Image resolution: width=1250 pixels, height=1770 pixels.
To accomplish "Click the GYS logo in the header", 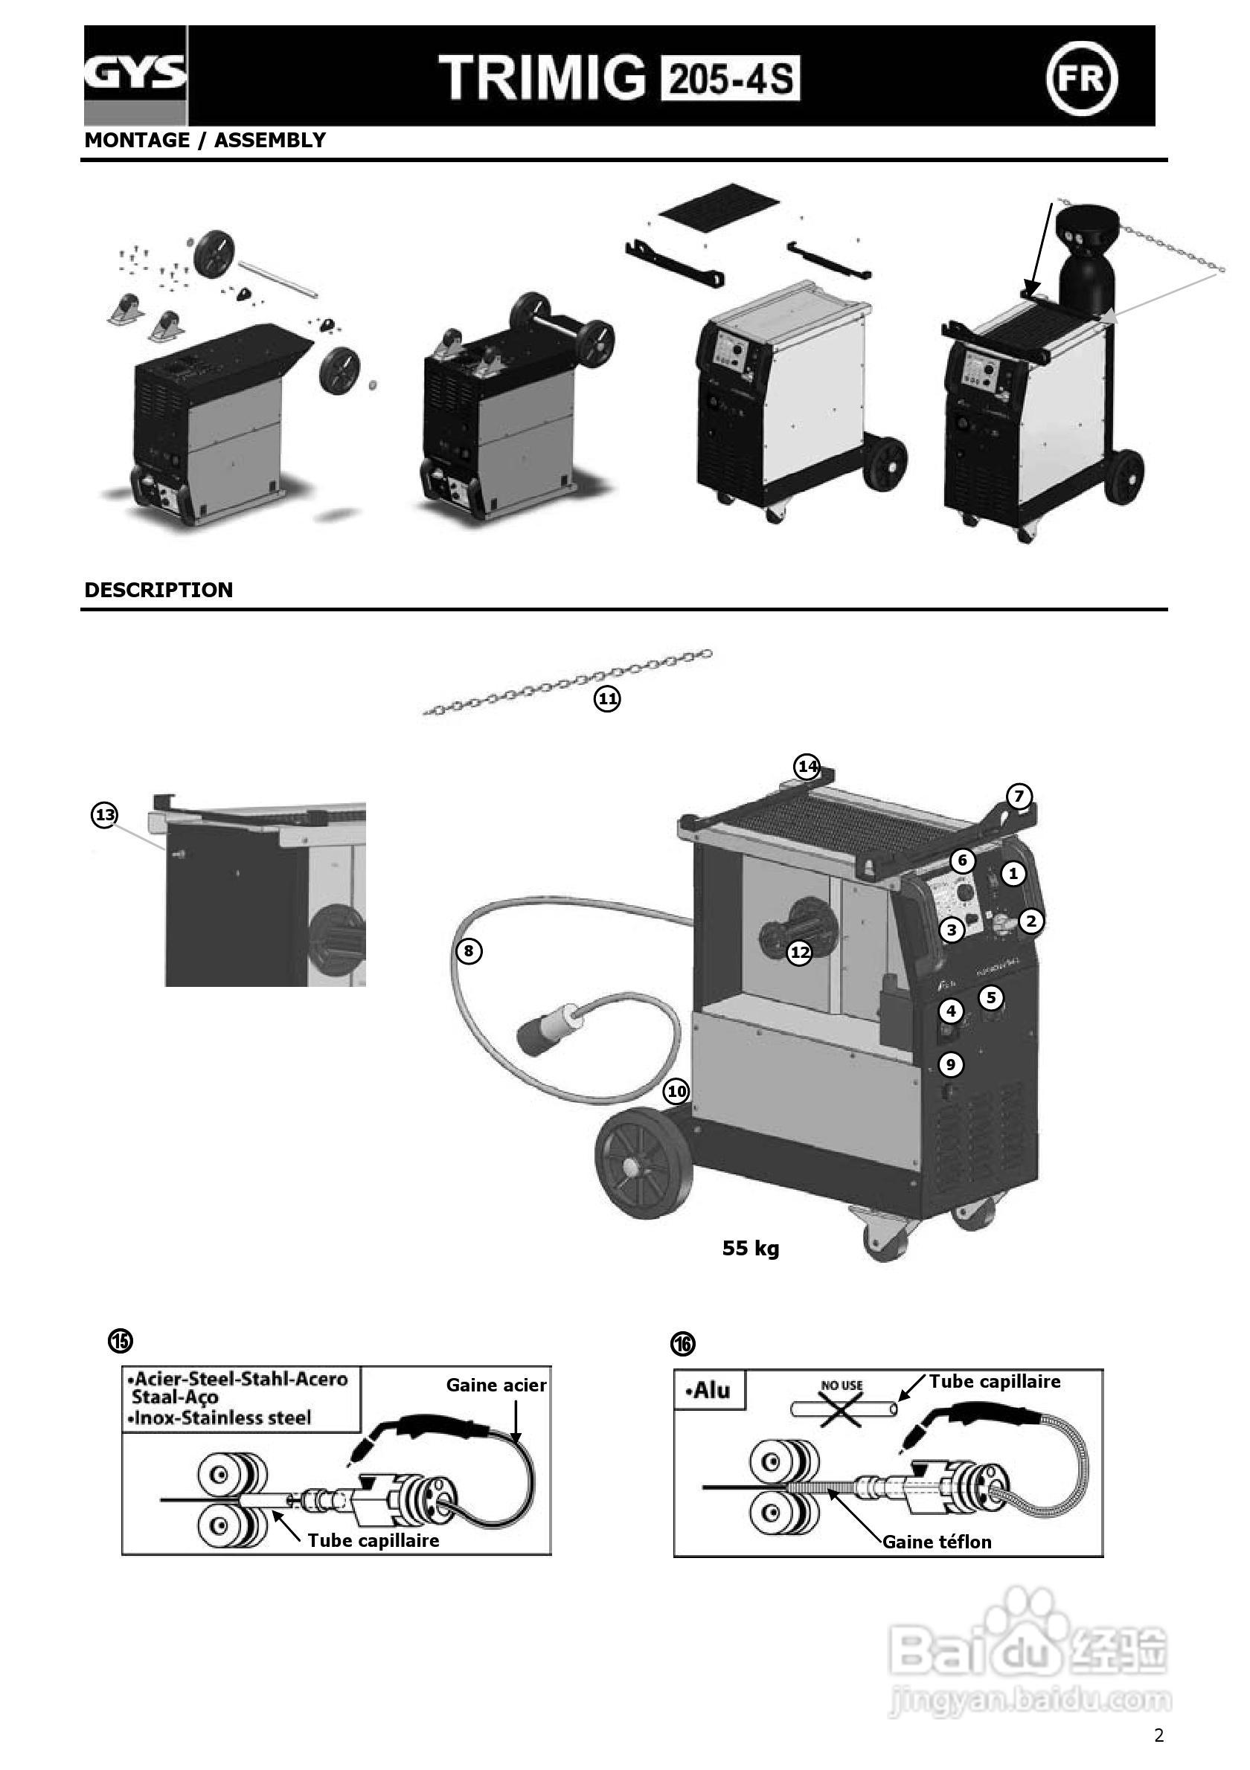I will [x=135, y=75].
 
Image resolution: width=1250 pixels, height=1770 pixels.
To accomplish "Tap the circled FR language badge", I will [x=1082, y=77].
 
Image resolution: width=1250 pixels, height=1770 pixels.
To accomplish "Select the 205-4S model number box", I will [x=730, y=80].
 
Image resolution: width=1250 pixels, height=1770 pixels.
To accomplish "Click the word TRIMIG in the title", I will [x=542, y=79].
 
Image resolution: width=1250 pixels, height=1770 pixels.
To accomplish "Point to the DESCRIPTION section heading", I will [x=158, y=590].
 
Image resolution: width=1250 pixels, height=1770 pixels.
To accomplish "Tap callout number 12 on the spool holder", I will [x=801, y=953].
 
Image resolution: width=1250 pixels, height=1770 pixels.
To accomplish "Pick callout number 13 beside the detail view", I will [x=104, y=815].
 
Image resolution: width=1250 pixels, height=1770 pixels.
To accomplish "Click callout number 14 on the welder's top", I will [x=807, y=766].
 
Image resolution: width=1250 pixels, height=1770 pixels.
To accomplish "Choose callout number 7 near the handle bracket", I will [x=1019, y=796].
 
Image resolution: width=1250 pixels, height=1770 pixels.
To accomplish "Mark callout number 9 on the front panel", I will [x=951, y=1065].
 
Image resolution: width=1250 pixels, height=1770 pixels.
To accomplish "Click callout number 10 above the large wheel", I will [x=676, y=1091].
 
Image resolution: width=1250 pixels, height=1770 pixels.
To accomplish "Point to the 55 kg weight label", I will [x=750, y=1248].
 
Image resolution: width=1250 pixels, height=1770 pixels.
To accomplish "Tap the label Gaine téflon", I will [x=937, y=1542].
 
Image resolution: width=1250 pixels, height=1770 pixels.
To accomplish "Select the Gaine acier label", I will [x=496, y=1386].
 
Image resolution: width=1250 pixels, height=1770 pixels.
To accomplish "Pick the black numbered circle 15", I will [x=121, y=1342].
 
